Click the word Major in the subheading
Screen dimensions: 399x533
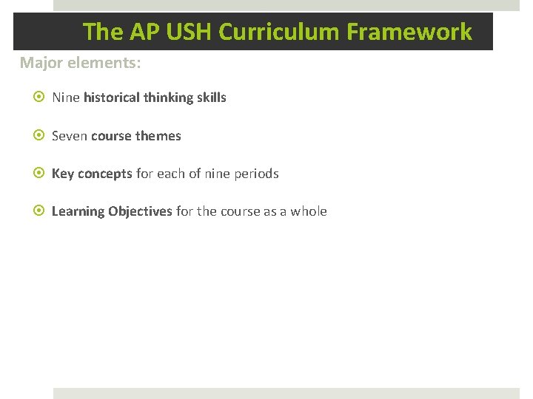click(x=41, y=63)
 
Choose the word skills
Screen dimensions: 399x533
click(x=212, y=98)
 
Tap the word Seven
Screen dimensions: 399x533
click(x=70, y=136)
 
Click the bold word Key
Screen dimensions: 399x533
click(x=62, y=174)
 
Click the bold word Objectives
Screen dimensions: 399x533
click(x=141, y=212)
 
